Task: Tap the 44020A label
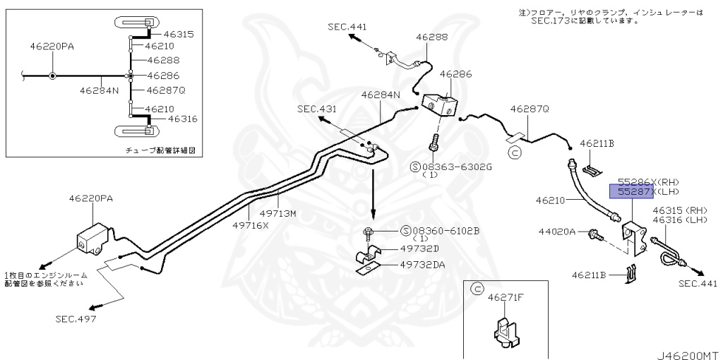pyautogui.click(x=558, y=232)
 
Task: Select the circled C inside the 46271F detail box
pyautogui.click(x=476, y=289)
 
